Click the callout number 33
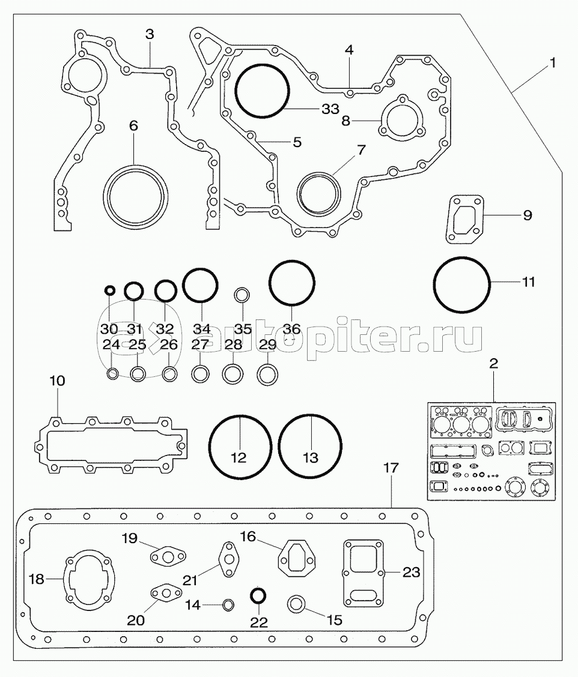point(330,109)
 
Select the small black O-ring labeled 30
point(109,291)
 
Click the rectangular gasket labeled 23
point(363,573)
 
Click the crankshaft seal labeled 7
point(319,193)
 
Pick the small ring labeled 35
point(242,295)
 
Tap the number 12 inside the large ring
point(239,458)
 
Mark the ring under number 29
point(266,375)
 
